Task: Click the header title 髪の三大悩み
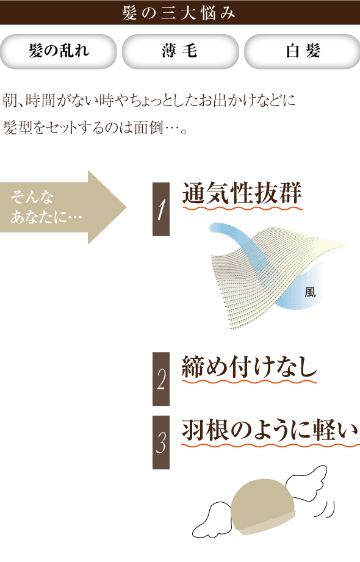coord(179,13)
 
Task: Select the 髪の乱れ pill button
coord(59,51)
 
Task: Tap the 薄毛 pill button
coord(181,51)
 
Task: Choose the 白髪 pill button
coord(302,51)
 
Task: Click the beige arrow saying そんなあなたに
coord(63,207)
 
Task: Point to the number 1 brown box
coord(161,209)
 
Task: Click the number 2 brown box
coord(161,379)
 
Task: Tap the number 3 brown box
coord(161,442)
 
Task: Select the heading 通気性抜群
coord(242,193)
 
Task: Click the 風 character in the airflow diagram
coord(310,292)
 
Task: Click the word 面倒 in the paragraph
coord(148,128)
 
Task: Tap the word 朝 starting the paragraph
coord(10,100)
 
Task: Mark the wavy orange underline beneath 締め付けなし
coord(249,381)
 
